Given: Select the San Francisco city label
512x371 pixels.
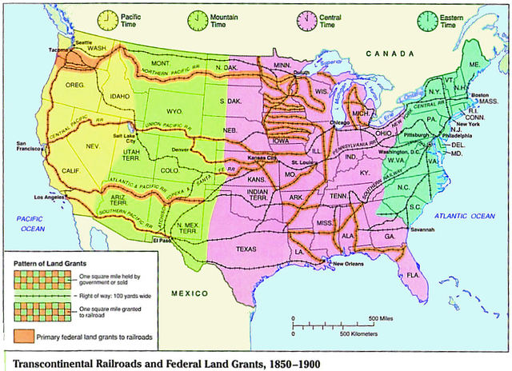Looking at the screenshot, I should tap(27, 147).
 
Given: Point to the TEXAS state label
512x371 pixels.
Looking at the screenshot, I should tap(246, 249).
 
